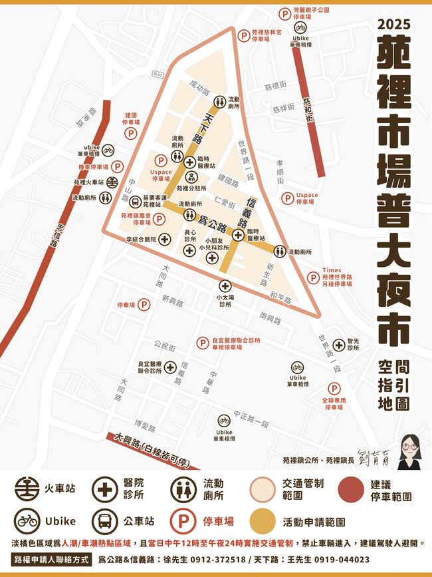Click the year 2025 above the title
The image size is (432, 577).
click(x=393, y=25)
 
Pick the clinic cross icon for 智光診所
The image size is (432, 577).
click(x=339, y=344)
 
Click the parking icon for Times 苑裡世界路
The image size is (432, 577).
click(x=312, y=278)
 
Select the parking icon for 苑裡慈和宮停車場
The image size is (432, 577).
click(x=245, y=35)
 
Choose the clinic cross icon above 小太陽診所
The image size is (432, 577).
click(x=225, y=286)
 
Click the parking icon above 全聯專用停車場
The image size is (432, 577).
click(x=334, y=388)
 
